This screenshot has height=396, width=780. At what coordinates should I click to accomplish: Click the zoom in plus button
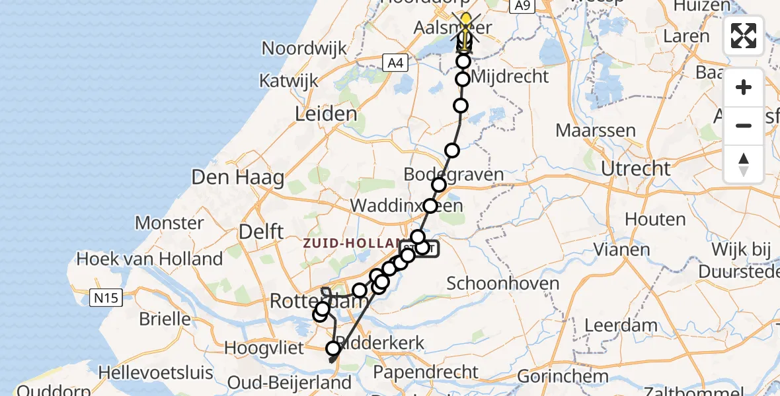[x=744, y=88]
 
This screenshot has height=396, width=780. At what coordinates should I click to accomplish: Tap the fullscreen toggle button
[x=744, y=36]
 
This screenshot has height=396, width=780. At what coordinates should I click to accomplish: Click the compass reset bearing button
[x=744, y=164]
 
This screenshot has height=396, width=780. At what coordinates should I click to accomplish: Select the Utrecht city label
[x=635, y=168]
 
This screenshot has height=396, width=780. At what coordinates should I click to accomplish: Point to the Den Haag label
[x=238, y=177]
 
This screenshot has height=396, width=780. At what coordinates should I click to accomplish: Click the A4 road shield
[x=395, y=63]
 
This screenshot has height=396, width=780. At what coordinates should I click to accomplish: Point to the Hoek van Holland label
[x=149, y=259]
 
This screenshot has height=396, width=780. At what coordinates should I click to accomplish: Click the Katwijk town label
[x=289, y=81]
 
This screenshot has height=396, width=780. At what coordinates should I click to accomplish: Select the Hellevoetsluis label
[x=156, y=373]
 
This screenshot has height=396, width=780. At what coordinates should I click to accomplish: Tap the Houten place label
[x=646, y=218]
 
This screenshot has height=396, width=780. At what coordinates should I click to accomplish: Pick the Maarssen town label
[x=596, y=130]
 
